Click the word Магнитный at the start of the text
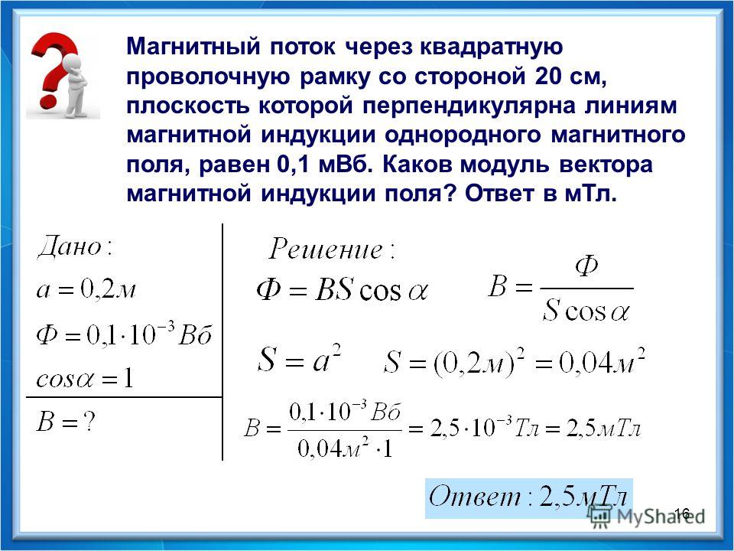(193, 47)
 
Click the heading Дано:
(76, 246)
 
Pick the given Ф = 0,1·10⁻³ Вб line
(125, 334)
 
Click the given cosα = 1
(85, 377)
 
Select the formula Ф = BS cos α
(343, 291)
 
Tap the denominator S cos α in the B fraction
(586, 310)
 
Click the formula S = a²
(299, 359)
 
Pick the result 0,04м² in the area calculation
(602, 362)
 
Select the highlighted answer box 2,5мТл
(529, 498)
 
